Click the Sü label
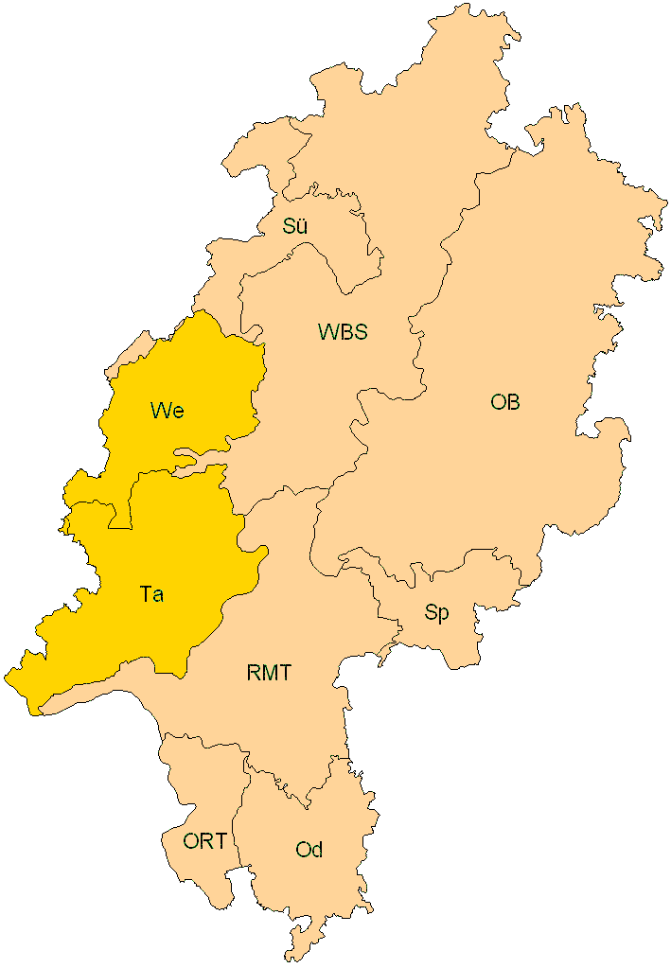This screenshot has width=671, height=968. tap(295, 226)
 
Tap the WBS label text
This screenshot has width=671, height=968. tap(342, 332)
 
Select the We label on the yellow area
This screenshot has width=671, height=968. tap(167, 411)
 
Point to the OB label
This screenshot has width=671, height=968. tap(505, 402)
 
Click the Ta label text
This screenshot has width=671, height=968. tap(151, 595)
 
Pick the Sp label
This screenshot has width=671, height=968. tap(436, 613)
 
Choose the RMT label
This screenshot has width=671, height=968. tap(269, 674)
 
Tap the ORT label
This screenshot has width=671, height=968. tap(204, 840)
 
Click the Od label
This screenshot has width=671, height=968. tap(309, 850)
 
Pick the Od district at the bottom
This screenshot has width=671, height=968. tap(312, 889)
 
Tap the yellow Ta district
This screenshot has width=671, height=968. tap(180, 549)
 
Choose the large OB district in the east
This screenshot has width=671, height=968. tap(530, 312)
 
